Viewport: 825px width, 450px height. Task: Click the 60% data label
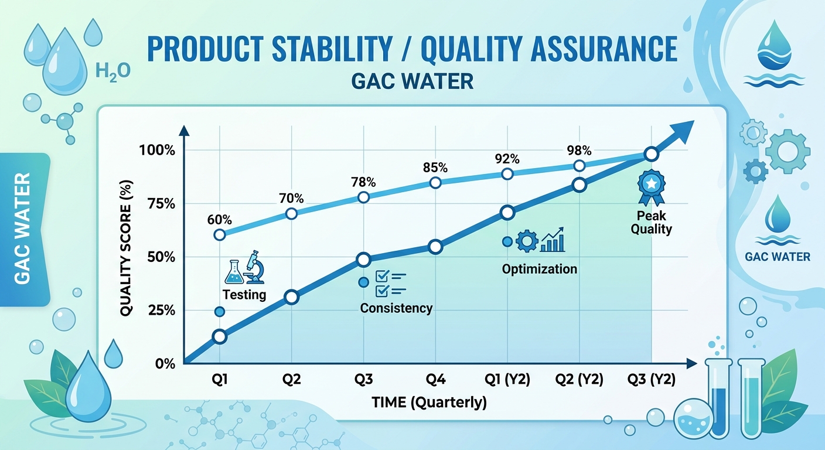click(219, 220)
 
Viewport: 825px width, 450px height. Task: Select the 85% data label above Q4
click(435, 168)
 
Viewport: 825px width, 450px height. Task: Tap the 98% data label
click(579, 150)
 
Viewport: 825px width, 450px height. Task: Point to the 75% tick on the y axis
click(159, 203)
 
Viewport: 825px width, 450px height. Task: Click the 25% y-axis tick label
click(159, 310)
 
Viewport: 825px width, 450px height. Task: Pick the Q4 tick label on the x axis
click(435, 379)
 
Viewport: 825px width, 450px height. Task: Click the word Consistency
click(396, 308)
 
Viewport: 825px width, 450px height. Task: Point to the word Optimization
click(539, 269)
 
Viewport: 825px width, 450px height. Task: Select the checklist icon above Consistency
click(390, 282)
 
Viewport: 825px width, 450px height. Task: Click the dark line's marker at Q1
click(219, 336)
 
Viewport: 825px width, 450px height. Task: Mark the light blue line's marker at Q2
click(291, 213)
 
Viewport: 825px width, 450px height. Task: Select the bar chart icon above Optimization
click(552, 240)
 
